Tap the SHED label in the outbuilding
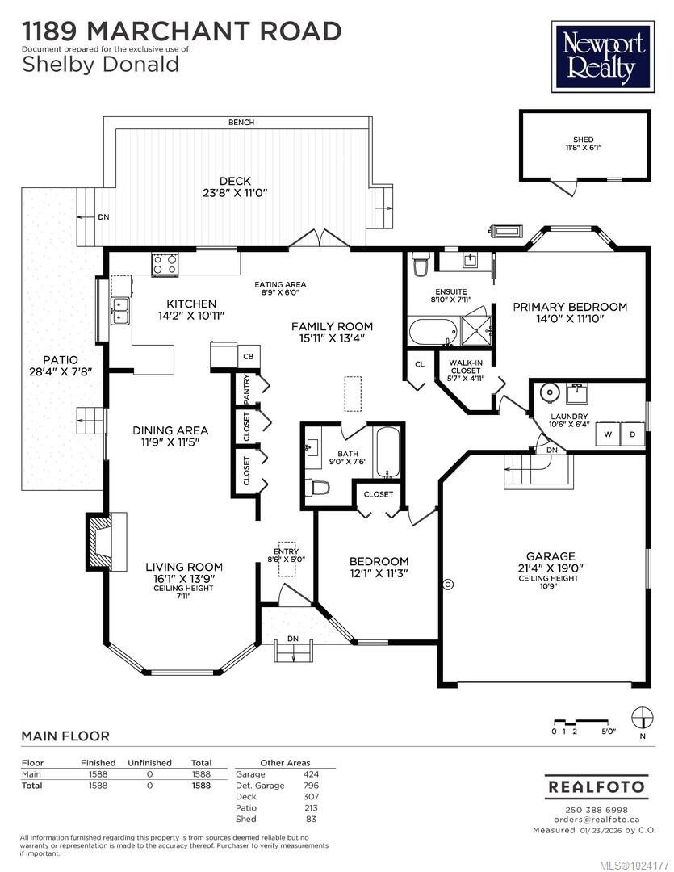(584, 140)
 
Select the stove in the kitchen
(165, 264)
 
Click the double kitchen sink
(121, 310)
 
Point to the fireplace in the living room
(103, 541)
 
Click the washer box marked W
(607, 434)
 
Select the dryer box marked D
(632, 434)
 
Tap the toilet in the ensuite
(420, 264)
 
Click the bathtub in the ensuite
(432, 331)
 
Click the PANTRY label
(247, 389)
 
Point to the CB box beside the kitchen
(249, 356)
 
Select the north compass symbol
(642, 717)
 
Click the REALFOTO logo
(597, 786)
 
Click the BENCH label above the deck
(241, 123)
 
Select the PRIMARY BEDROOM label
(570, 307)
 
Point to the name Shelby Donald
(100, 65)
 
